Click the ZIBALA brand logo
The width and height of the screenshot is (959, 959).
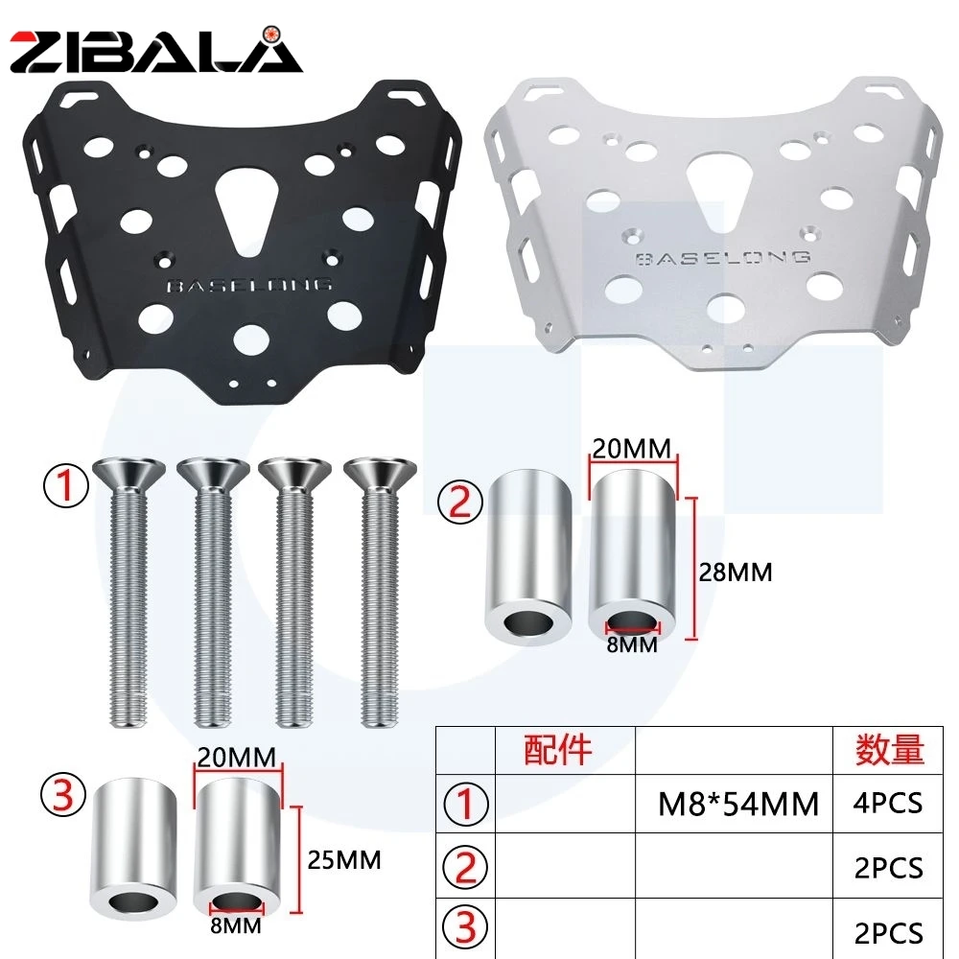(x=156, y=51)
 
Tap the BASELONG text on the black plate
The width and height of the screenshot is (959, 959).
(x=249, y=285)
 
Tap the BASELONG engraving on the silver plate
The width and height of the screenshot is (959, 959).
(x=723, y=257)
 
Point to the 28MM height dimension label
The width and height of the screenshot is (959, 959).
(x=736, y=573)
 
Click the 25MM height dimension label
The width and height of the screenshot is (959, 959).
(x=343, y=860)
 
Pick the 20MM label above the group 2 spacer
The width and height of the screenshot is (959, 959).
(x=632, y=449)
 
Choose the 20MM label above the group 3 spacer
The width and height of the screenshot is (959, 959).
(x=237, y=758)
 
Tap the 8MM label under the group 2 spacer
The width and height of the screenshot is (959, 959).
(x=632, y=644)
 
